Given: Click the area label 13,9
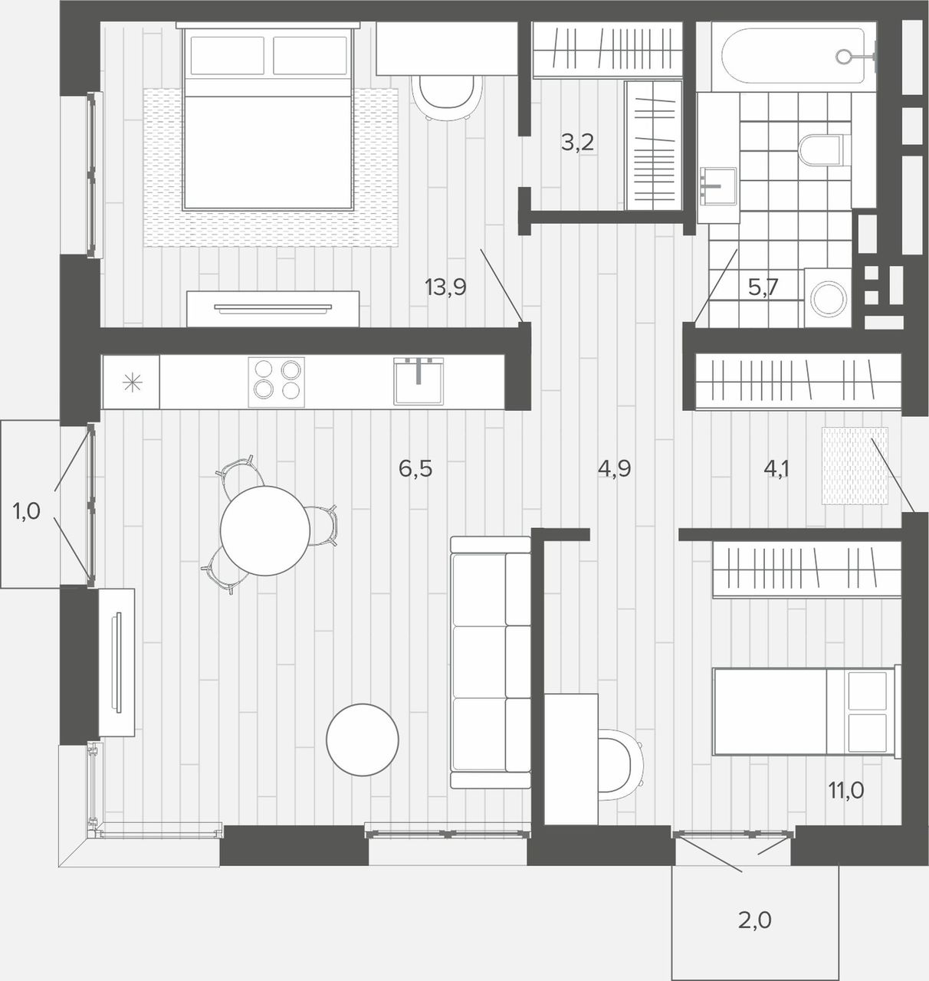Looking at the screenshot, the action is click(x=445, y=287).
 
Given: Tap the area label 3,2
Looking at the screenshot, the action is click(x=577, y=143).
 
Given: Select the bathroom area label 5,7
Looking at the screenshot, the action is click(x=763, y=287).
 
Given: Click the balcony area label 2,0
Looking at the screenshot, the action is click(x=755, y=920).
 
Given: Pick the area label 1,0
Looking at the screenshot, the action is click(x=27, y=511).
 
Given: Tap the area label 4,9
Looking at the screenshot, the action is click(x=615, y=468).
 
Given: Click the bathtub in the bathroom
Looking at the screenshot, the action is click(x=794, y=57).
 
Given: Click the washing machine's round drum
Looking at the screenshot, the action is click(x=829, y=298).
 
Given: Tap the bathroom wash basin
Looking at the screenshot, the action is click(x=718, y=186).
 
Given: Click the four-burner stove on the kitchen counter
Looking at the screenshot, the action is click(x=277, y=382).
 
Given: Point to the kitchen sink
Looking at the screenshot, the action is click(x=419, y=381).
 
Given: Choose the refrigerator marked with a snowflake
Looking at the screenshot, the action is click(x=131, y=382).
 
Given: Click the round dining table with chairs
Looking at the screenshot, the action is click(x=265, y=530).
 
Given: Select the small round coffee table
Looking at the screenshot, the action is click(x=363, y=740).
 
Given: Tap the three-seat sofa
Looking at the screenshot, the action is click(x=491, y=663).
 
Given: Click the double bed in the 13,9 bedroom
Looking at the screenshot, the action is click(x=268, y=117).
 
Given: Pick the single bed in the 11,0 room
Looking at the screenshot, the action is click(x=806, y=711).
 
